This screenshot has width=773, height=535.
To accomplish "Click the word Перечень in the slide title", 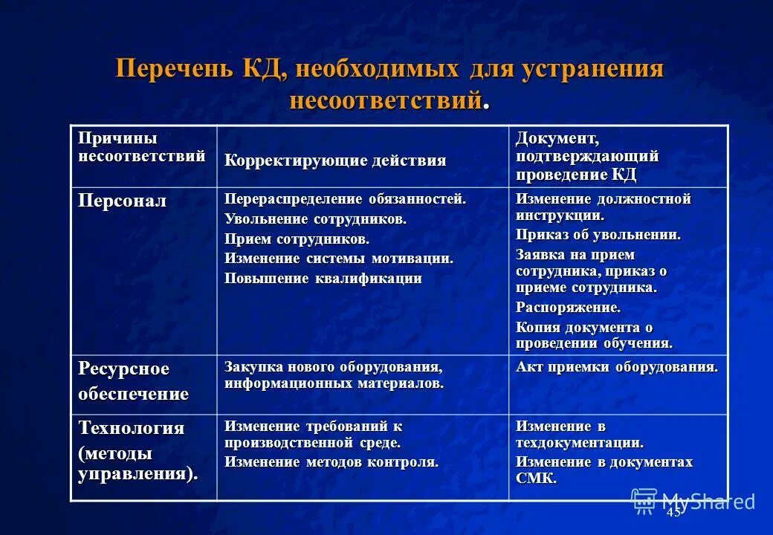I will tap(175, 70).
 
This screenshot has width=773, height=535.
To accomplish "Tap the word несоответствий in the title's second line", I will tap(385, 100).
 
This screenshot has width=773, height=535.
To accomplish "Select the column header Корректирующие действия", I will tap(335, 160).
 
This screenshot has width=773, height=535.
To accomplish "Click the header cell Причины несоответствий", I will tap(142, 147).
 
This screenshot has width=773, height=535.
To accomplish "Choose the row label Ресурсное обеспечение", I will tap(133, 381).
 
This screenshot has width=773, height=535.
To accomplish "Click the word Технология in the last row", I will tap(132, 428).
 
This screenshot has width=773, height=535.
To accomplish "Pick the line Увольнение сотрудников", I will tap(315, 219).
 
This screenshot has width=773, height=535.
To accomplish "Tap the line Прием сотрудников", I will tap(297, 239).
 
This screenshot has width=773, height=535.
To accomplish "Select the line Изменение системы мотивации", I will tap(338, 259).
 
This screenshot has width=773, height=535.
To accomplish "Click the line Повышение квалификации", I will tap(323, 279).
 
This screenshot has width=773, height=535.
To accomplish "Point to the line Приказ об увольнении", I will tap(598, 235).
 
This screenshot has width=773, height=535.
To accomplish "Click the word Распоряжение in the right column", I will tap(568, 307).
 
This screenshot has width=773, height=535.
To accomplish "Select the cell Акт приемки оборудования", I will tap(617, 367).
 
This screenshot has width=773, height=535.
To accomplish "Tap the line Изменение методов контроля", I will tap(331, 461).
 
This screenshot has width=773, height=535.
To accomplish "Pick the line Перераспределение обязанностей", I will tap(345, 199).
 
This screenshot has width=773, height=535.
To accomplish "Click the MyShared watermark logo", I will tap(693, 501).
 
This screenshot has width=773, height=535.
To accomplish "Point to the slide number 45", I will tap(673, 513).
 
